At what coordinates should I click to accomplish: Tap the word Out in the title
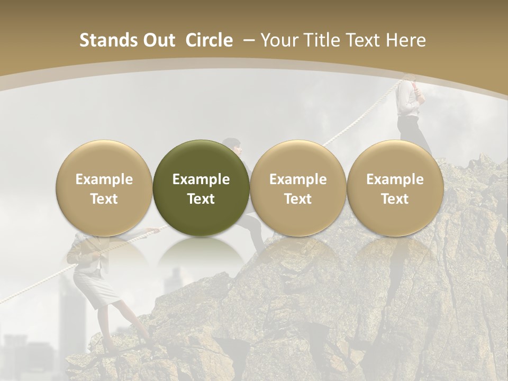[157, 40]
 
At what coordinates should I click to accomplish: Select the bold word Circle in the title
[209, 40]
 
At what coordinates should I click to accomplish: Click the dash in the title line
[247, 40]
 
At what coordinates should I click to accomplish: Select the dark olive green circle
[201, 188]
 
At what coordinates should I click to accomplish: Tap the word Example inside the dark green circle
[201, 179]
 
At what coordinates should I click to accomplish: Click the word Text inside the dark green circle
[201, 199]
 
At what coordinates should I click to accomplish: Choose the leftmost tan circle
[104, 188]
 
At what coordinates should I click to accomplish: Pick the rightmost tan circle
[395, 188]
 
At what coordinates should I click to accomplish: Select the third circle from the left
[298, 188]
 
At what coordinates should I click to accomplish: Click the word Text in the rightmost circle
[395, 199]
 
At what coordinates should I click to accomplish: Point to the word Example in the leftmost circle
[104, 179]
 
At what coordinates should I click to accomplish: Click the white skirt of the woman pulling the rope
[98, 288]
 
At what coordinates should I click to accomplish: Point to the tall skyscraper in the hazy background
[71, 312]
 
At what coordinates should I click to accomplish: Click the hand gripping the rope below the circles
[154, 230]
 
